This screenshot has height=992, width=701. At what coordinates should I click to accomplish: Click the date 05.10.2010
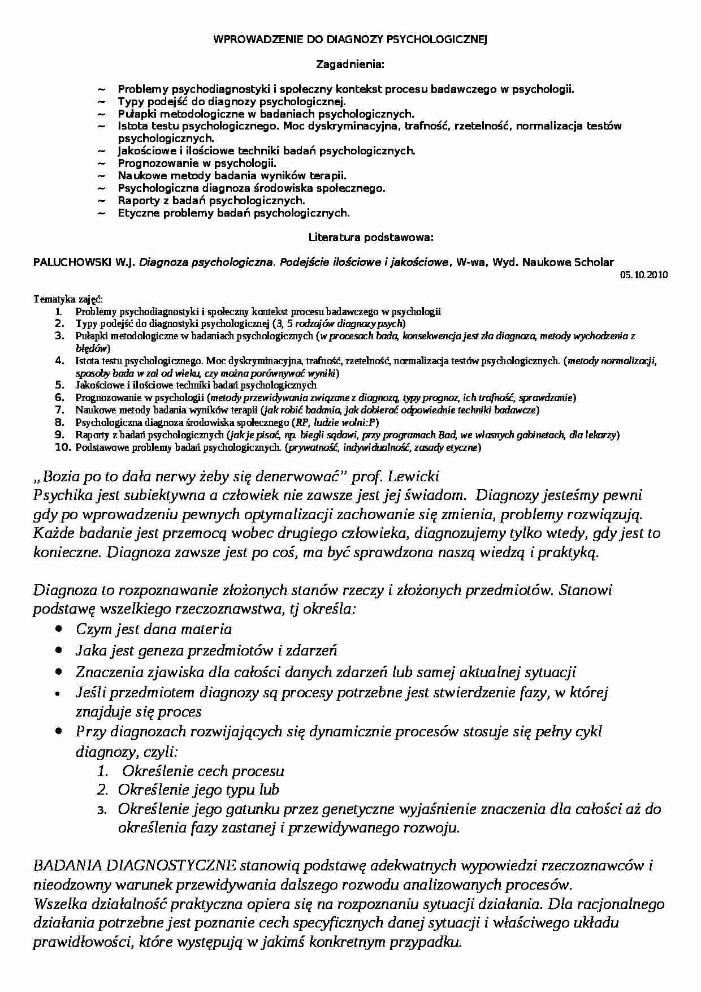(x=644, y=275)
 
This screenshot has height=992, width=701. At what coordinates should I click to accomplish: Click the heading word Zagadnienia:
(x=350, y=64)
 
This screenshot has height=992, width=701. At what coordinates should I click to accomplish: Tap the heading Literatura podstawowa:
(x=371, y=238)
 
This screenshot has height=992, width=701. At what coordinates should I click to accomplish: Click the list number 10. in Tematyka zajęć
(x=61, y=448)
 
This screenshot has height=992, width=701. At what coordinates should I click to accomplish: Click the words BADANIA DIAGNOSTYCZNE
(x=135, y=866)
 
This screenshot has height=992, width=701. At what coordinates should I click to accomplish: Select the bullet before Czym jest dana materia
(x=59, y=629)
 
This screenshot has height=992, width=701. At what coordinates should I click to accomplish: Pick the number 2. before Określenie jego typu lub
(x=102, y=790)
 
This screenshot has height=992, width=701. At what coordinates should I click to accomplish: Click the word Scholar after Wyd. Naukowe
(x=594, y=262)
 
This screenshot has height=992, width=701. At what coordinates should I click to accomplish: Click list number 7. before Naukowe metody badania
(x=61, y=411)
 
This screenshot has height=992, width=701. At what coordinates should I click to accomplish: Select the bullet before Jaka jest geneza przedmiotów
(x=59, y=650)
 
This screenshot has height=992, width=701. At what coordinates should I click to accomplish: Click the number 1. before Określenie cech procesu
(x=102, y=771)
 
